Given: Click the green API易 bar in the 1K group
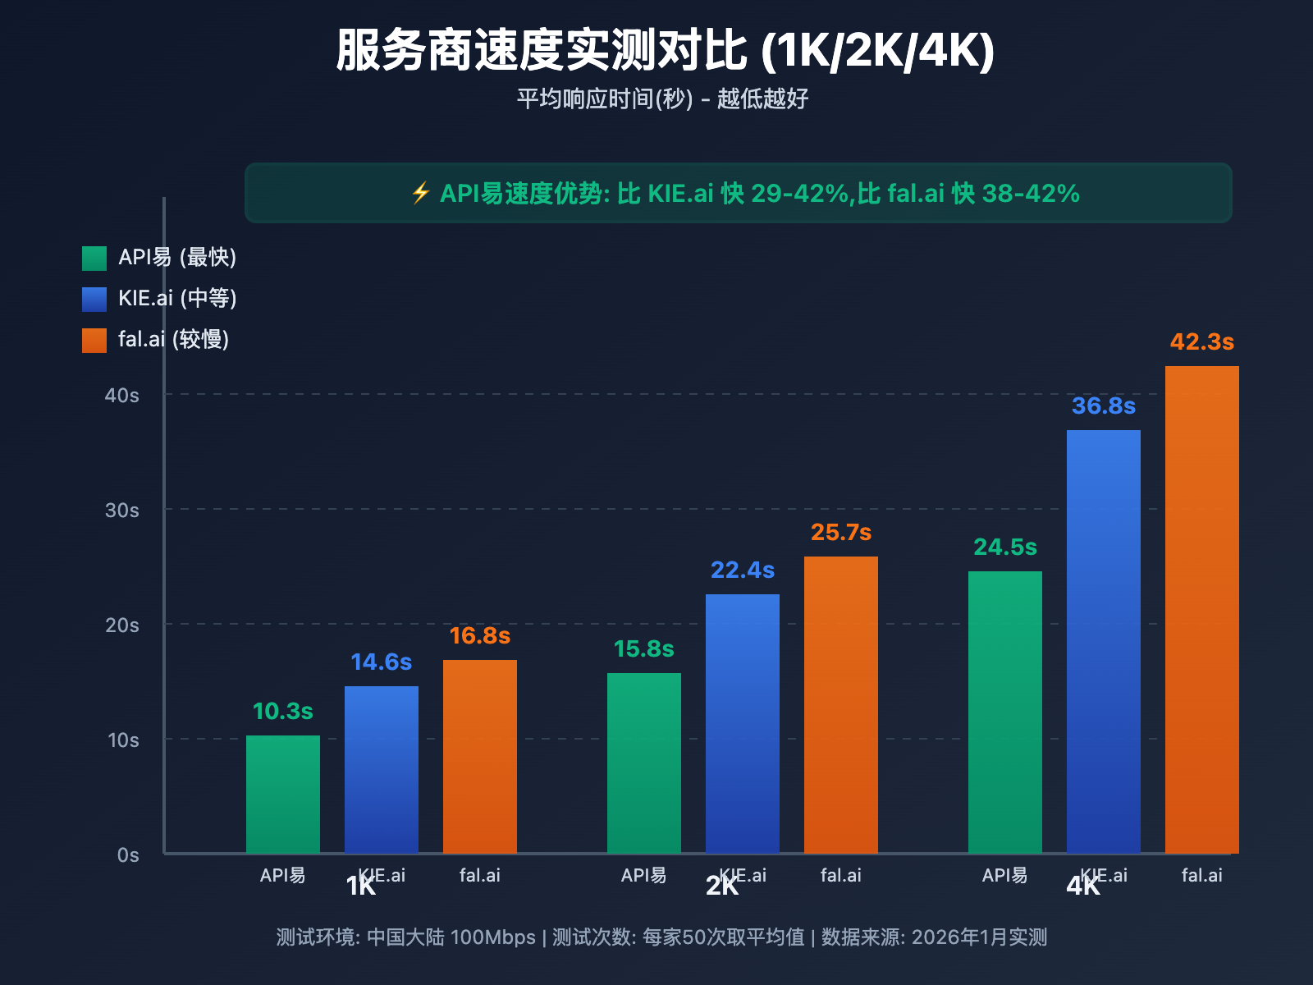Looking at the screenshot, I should pos(283,795).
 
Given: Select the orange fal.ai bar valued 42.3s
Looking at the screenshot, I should pos(1201,609).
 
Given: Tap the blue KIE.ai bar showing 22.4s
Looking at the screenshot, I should pos(743,723).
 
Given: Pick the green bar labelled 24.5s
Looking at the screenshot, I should pos(1004,712).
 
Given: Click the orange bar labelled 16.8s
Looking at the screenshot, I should pos(480,756).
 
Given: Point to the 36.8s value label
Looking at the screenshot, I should pos(1104,406).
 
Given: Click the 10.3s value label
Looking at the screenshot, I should pos(283,712).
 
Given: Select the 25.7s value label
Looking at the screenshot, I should pos(841,533).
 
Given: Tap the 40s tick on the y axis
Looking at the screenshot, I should pos(122,396).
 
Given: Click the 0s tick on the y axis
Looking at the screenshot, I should pos(128,855).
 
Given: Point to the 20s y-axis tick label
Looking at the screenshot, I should pos(122,625).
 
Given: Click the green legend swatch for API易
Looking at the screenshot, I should pos(94,258).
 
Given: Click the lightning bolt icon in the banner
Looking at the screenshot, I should pos(421,194).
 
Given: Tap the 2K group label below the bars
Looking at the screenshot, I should pos(722,886).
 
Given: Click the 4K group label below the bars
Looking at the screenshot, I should pos(1083,886).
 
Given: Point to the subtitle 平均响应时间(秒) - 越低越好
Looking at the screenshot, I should pos(663,99).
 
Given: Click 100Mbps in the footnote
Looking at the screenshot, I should pos(492,937).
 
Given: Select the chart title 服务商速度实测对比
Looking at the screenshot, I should pos(542,51).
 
